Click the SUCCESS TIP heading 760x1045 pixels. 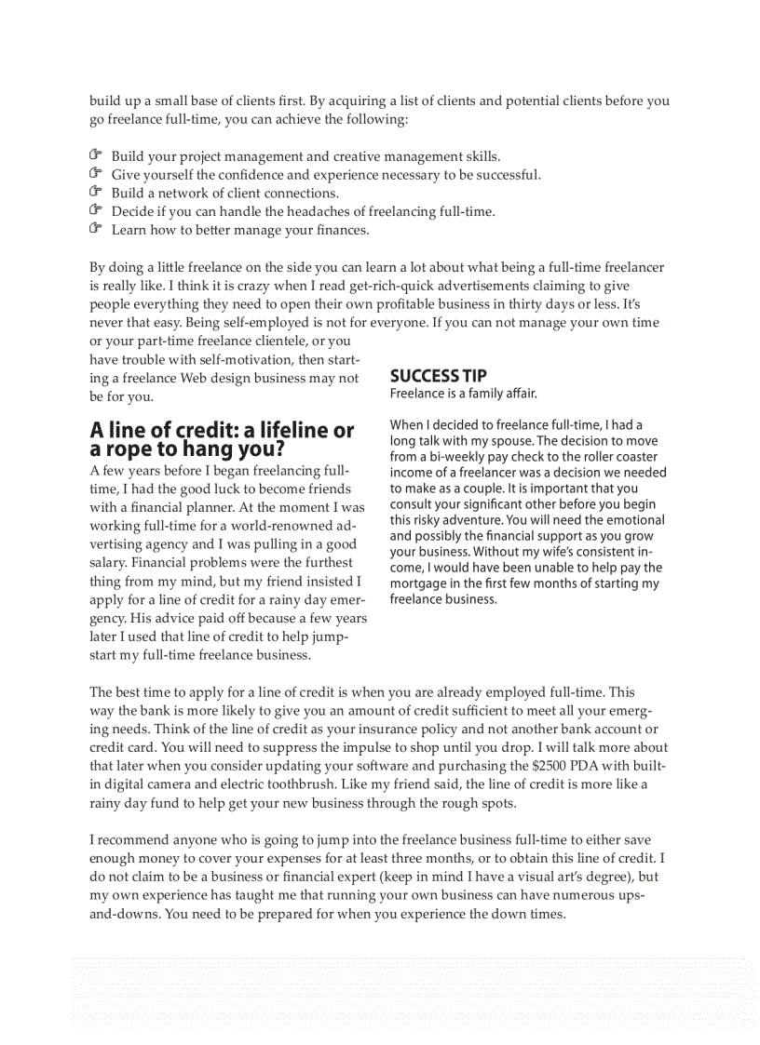(x=438, y=376)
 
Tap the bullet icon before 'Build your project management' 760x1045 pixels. (x=95, y=155)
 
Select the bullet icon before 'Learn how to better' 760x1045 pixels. (x=95, y=228)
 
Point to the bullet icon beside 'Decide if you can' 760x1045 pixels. (x=95, y=210)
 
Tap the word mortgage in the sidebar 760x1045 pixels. (x=419, y=583)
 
